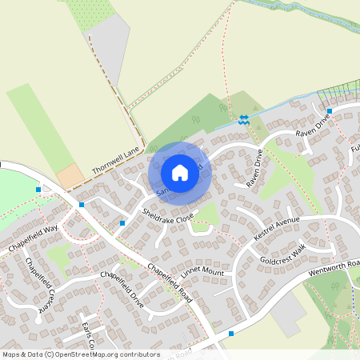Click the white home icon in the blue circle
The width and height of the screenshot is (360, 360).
click(180, 173)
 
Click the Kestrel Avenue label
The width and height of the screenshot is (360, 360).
click(275, 228)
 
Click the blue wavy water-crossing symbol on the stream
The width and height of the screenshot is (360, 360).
click(243, 120)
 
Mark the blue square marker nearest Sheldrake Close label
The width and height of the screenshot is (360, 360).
click(122, 222)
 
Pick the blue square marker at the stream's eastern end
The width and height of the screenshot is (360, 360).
click(329, 111)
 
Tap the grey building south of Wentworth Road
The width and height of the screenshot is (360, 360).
click(286, 320)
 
